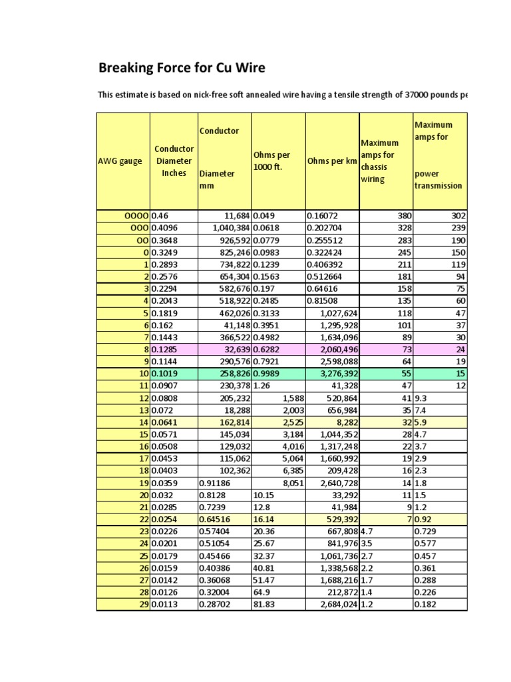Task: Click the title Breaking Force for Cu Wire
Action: [x=182, y=67]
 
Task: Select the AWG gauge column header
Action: [x=120, y=161]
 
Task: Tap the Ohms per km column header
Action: [x=332, y=161]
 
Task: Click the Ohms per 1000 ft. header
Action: [x=271, y=161]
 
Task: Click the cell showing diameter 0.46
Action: [x=161, y=216]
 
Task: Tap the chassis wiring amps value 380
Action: [x=403, y=216]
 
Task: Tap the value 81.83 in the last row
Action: [x=263, y=604]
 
